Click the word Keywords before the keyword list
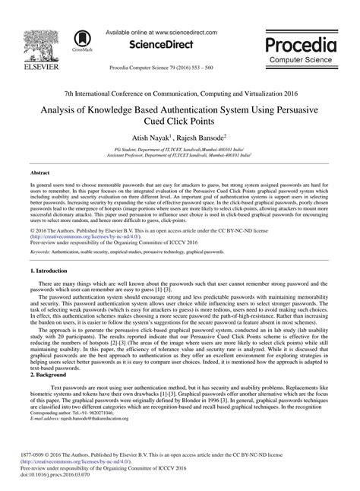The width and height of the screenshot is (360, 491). pyautogui.click(x=40, y=229)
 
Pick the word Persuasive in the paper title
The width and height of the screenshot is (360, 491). pyautogui.click(x=296, y=88)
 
